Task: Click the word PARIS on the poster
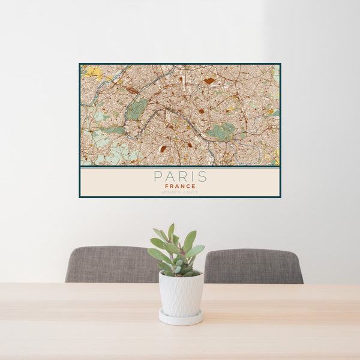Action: [x=180, y=176]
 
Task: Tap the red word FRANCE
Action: [x=180, y=186]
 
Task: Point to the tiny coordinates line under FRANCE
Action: [x=180, y=191]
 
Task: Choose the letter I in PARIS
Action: [x=193, y=176]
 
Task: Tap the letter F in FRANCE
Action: [x=166, y=186]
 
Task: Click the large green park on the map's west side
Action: [x=137, y=109]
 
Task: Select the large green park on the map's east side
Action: [x=221, y=131]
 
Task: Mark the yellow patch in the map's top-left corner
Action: [x=92, y=71]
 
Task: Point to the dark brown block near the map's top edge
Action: [x=208, y=80]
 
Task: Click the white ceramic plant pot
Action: [x=181, y=294]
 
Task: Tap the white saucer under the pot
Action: [x=181, y=318]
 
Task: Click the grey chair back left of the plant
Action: [x=111, y=264]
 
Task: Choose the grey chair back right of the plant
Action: [x=253, y=266]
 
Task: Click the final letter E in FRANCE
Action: [x=194, y=186]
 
